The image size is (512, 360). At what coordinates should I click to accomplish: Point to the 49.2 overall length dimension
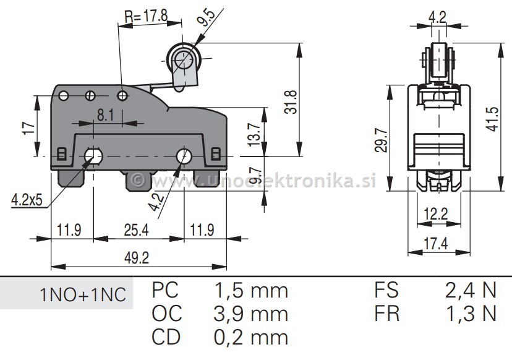138,257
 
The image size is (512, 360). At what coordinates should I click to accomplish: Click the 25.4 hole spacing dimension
137,231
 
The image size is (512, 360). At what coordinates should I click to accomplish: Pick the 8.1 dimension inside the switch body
105,114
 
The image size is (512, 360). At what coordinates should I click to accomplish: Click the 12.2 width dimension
436,215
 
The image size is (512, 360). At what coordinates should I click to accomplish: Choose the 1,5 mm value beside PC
250,290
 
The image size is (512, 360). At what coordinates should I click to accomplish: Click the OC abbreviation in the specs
167,314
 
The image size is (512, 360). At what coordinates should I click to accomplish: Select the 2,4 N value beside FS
471,290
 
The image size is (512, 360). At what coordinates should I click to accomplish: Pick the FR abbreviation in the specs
386,314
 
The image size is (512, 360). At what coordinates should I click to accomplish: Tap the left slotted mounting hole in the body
92,156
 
